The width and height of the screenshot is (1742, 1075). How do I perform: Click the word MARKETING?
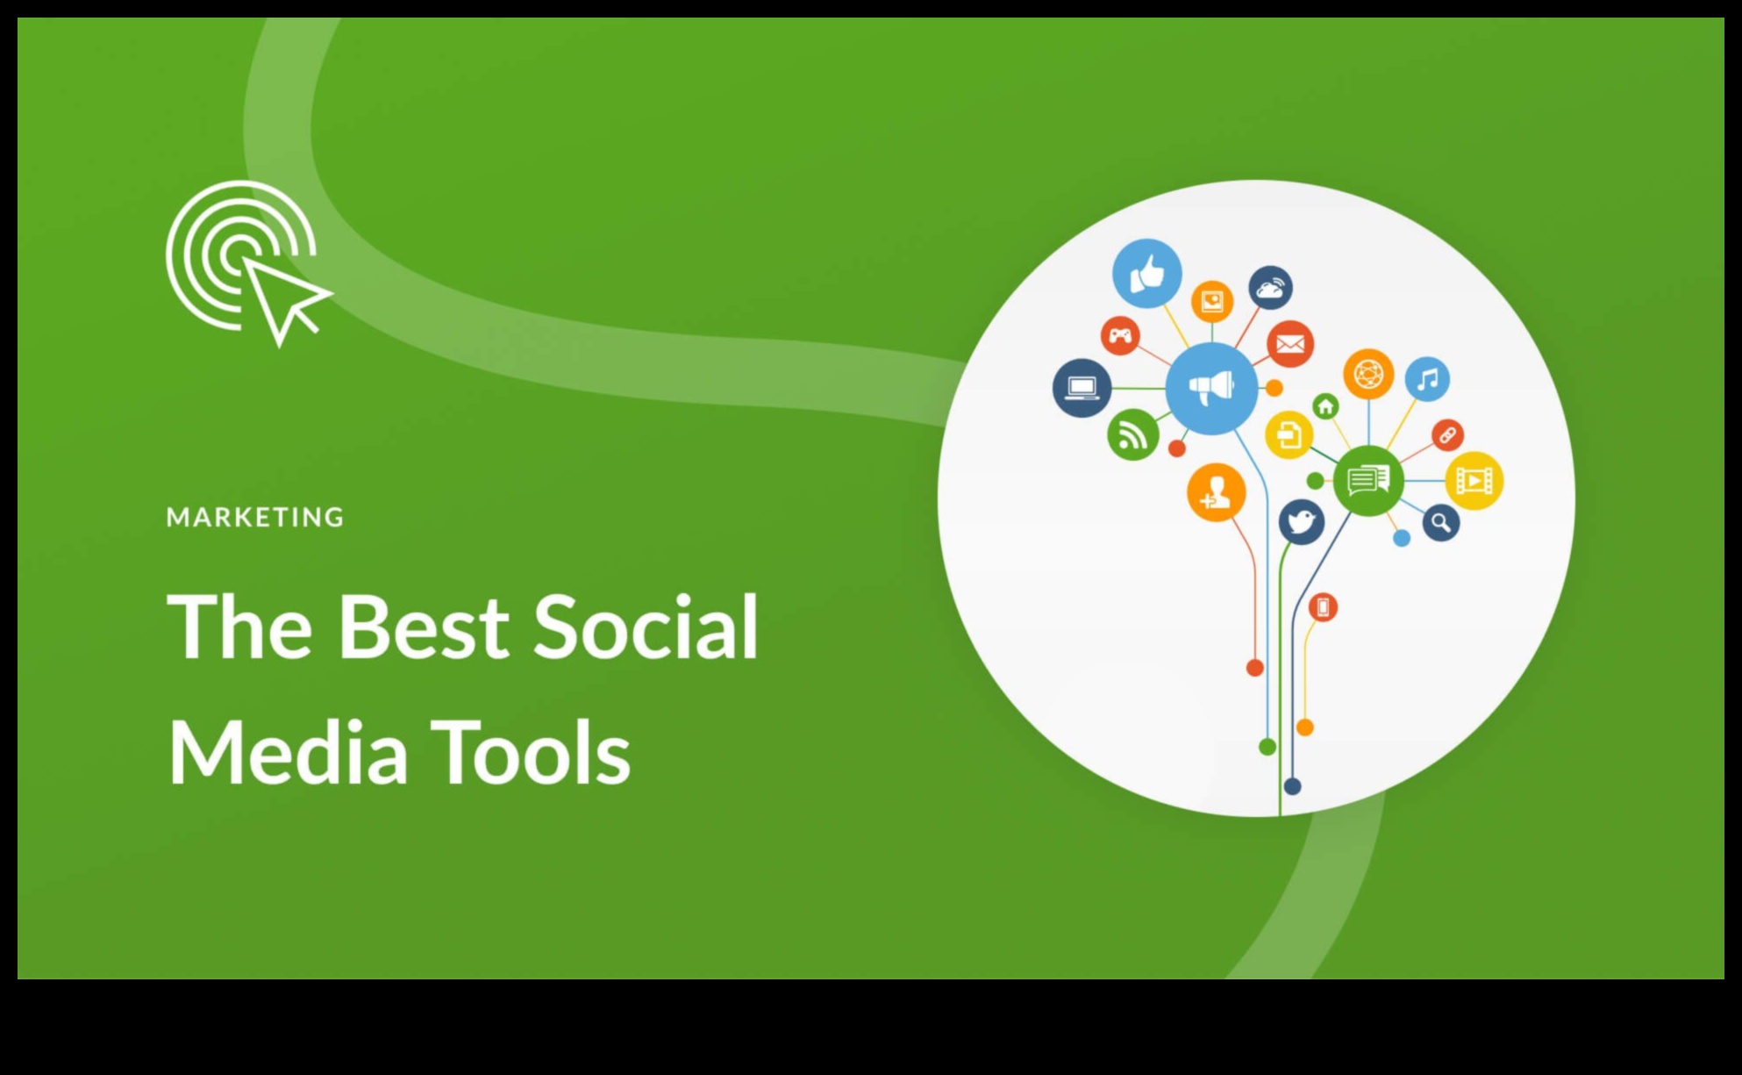coord(255,517)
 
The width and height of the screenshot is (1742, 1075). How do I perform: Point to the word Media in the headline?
coord(288,752)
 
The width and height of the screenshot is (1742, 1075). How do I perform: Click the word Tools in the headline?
coord(532,752)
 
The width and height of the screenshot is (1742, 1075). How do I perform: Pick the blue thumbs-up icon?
coord(1146,274)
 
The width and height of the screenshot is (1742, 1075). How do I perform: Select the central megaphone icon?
coord(1211,388)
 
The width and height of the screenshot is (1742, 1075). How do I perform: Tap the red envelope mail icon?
coord(1289,344)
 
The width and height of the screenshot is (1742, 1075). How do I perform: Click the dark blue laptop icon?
coord(1082,388)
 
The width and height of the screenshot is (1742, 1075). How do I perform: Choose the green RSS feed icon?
coord(1132,434)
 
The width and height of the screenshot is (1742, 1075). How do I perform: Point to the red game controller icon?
coord(1120,335)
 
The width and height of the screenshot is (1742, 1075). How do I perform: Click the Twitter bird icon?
coord(1301,522)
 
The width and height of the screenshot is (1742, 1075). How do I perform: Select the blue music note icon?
coord(1427,379)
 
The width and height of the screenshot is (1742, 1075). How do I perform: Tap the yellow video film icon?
coord(1474,481)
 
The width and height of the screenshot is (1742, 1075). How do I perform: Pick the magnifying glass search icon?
coord(1440,523)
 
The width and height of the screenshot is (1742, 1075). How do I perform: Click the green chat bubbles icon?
coord(1367,480)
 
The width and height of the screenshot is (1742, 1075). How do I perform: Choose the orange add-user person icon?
coord(1216,492)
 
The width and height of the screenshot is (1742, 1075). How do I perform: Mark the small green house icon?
coord(1325,406)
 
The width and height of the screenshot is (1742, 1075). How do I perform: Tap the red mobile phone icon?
coord(1323,607)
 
